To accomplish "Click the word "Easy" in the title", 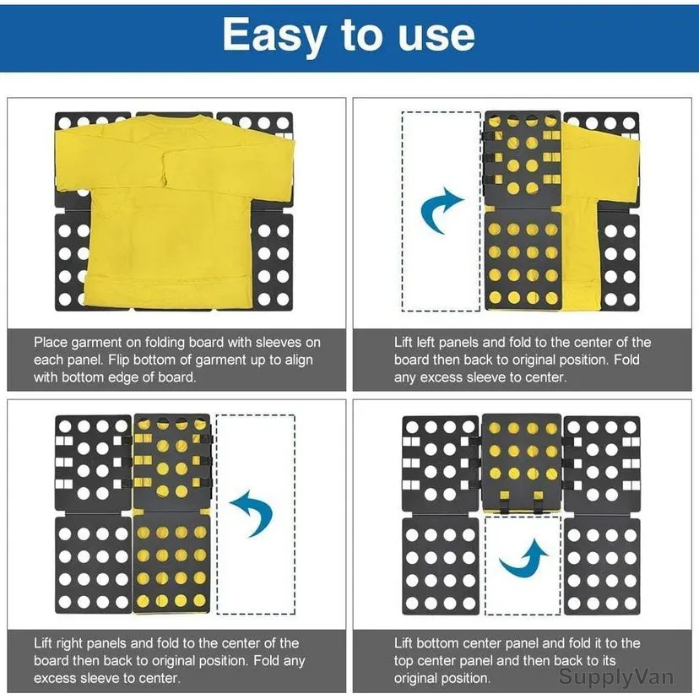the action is point(274,35).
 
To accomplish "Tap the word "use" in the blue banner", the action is point(436,35).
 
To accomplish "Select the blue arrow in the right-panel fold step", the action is point(252,512).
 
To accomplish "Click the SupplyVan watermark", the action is point(615,676).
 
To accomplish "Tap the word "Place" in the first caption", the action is point(51,343).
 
